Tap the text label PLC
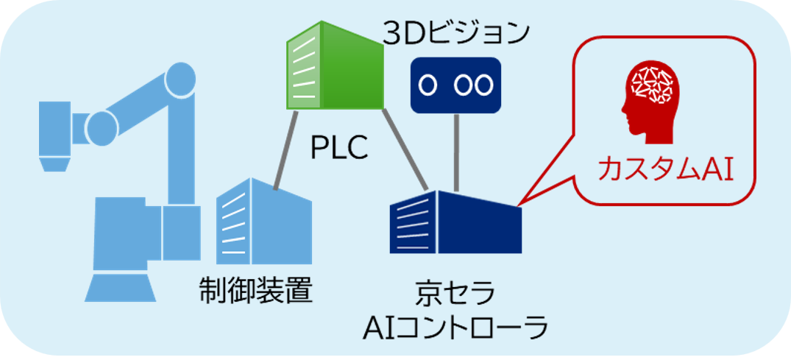point(338,147)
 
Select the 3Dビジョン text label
point(455,33)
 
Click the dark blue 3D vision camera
point(455,85)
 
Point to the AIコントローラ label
point(455,328)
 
